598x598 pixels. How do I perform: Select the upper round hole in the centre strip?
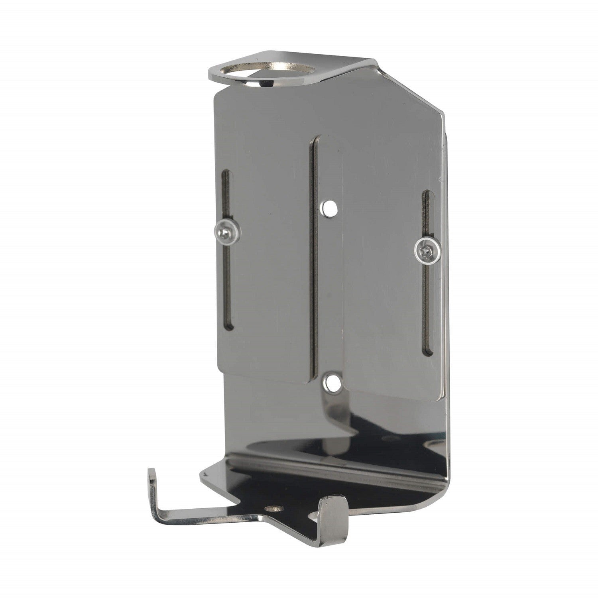click(329, 207)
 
